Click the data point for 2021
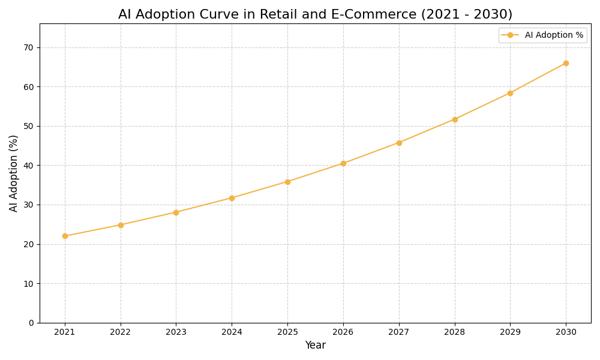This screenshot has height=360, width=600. click(x=65, y=236)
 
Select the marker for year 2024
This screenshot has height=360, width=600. click(x=232, y=198)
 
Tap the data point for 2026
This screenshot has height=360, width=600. click(x=343, y=163)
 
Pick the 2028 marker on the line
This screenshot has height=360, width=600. click(x=455, y=119)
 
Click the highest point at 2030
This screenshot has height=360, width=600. click(x=566, y=63)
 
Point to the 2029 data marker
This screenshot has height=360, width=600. click(x=510, y=93)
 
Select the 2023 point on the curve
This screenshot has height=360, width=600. click(x=176, y=212)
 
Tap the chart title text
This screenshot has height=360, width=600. click(x=315, y=14)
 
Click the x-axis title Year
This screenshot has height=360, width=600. click(x=315, y=346)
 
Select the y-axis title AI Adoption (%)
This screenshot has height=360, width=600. click(x=14, y=173)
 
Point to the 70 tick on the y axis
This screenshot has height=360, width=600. click(x=29, y=47)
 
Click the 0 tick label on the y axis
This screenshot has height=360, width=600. click(x=31, y=323)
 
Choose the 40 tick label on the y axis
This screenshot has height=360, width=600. click(x=29, y=166)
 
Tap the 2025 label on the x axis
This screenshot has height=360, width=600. click(x=287, y=332)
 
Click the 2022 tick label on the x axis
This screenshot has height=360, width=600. click(x=121, y=332)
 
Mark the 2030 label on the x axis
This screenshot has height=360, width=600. click(x=566, y=332)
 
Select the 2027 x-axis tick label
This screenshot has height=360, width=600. click(x=399, y=332)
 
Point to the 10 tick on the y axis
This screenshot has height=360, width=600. click(x=29, y=283)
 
